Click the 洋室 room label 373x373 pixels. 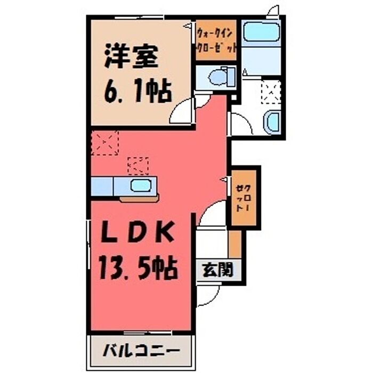pos(131,55)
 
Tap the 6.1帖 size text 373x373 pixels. pos(138,91)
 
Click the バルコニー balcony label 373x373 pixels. pos(141,351)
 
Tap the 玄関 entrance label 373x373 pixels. pos(217,270)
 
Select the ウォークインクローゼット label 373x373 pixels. pos(216,40)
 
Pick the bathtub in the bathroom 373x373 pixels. pos(261,32)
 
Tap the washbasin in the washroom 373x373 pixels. pos(272,122)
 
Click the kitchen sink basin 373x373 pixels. pos(141,185)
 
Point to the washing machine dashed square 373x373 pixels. pos(271,92)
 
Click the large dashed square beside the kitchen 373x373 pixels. pos(105,143)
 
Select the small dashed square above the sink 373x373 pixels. pos(138,166)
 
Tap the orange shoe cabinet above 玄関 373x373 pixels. pos(235,244)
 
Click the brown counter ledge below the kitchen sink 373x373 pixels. pos(140,199)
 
